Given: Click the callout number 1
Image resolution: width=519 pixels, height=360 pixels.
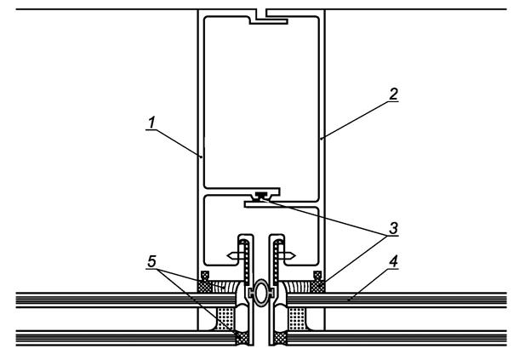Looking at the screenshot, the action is click(x=151, y=123).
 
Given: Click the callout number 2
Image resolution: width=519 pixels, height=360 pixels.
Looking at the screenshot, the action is click(x=393, y=94).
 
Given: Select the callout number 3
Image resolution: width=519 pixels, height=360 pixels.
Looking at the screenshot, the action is click(x=393, y=228).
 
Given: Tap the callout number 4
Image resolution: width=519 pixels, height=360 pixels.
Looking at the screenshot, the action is click(x=393, y=261).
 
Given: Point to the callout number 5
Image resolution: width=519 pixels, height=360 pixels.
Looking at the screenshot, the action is click(x=151, y=261).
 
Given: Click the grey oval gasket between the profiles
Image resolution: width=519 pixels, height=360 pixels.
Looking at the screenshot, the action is click(x=261, y=293).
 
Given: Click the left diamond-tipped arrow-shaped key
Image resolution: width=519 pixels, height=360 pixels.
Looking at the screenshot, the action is click(x=236, y=255).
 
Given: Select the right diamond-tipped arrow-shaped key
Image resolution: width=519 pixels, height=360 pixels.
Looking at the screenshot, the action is click(x=287, y=255).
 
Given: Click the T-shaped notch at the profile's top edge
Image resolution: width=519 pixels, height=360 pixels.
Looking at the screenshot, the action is click(x=267, y=18).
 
